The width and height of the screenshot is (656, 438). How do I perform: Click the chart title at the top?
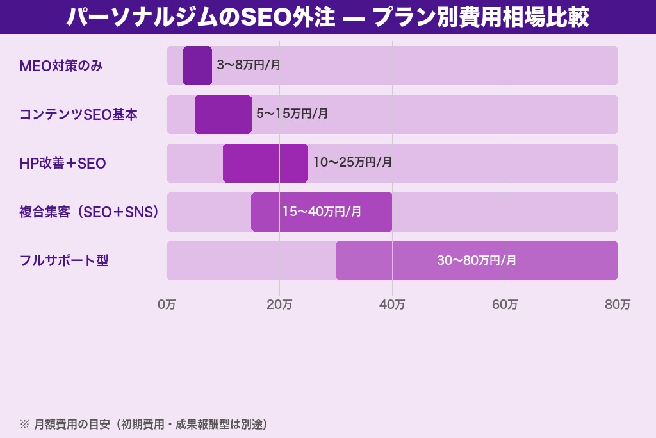tap(328, 17)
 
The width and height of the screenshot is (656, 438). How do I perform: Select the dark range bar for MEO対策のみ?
tap(197, 65)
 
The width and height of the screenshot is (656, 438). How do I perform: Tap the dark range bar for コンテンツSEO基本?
tap(223, 114)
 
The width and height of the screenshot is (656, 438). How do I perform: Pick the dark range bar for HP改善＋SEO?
tap(265, 163)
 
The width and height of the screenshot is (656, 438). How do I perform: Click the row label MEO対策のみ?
tap(61, 65)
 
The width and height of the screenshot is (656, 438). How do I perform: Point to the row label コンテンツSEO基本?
tap(78, 114)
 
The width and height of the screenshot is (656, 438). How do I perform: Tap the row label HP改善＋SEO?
tap(63, 164)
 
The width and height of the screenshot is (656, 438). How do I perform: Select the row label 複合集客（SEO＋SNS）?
tap(89, 212)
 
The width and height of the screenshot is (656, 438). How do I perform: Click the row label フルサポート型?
tap(64, 260)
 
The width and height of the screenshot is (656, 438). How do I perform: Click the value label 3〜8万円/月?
tap(249, 65)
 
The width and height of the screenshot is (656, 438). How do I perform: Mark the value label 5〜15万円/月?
tap(292, 114)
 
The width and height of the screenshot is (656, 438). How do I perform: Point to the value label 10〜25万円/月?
tap(352, 163)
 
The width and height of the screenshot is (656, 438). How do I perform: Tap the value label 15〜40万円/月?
tap(322, 212)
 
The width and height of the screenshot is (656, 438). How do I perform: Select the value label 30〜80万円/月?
tap(477, 260)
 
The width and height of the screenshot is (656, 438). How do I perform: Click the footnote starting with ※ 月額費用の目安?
tap(143, 424)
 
